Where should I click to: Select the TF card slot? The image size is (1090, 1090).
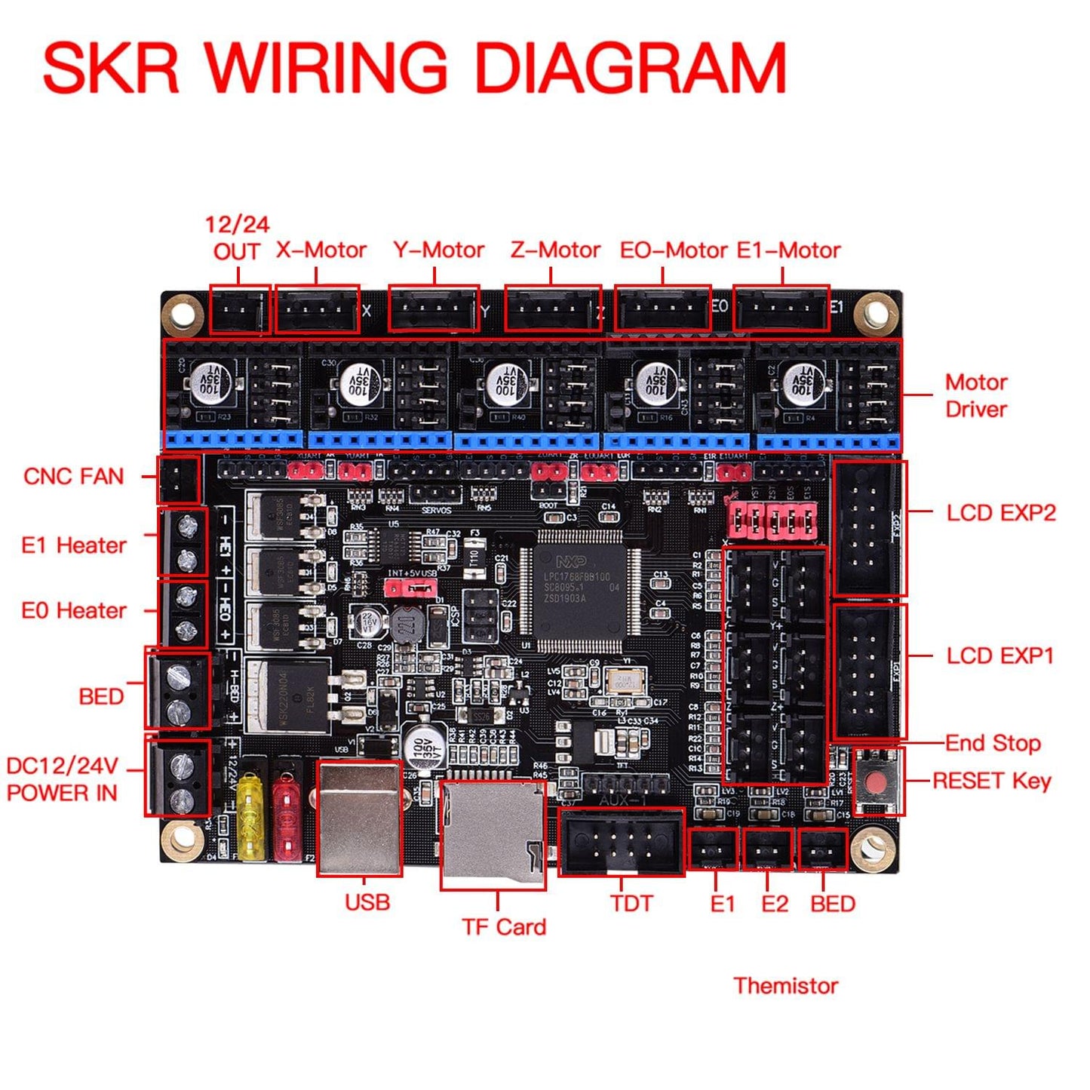(x=493, y=835)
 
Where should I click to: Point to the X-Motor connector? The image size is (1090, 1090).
(x=316, y=309)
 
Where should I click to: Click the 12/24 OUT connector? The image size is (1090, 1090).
(x=238, y=309)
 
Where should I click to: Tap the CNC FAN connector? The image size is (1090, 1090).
(x=178, y=479)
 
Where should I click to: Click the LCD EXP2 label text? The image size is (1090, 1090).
(x=1000, y=513)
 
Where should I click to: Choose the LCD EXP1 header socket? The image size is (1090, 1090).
(x=868, y=671)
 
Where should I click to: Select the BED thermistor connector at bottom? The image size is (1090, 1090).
(x=822, y=850)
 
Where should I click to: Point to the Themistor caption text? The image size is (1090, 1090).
(x=785, y=985)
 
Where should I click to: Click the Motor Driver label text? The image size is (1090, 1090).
(x=976, y=395)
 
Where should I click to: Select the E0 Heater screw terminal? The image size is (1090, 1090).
(x=183, y=612)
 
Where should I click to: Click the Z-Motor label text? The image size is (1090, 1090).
(x=555, y=250)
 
